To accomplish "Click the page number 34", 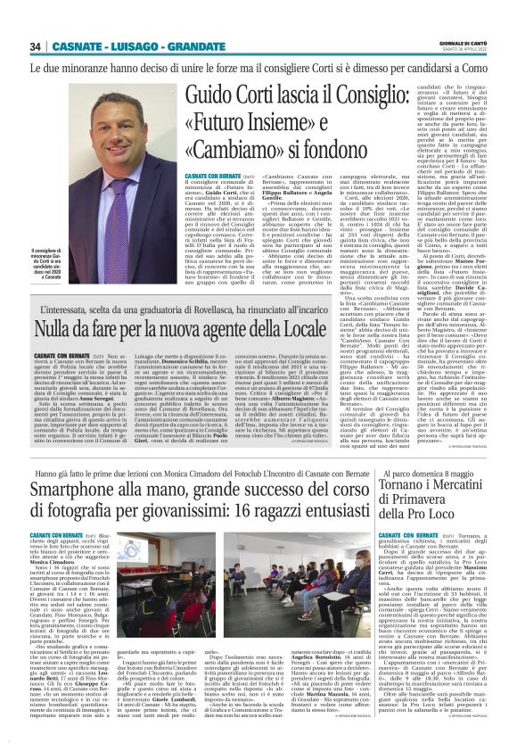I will click(36, 46).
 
